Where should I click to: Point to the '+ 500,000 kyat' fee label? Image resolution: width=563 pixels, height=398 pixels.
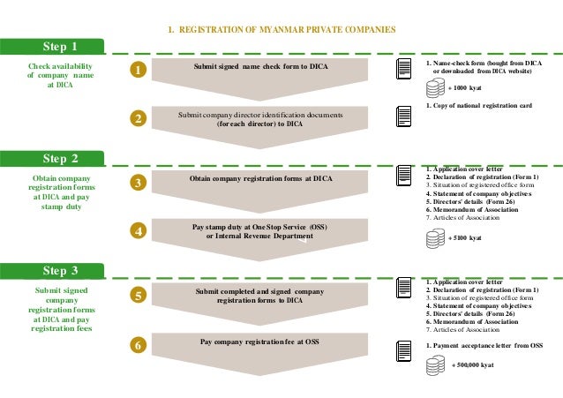[473, 364]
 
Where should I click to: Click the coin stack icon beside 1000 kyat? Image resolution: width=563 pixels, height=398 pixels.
[434, 88]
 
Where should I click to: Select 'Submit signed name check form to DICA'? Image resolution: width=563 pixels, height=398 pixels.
[258, 67]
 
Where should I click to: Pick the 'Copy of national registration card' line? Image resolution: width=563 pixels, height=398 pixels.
[479, 106]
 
